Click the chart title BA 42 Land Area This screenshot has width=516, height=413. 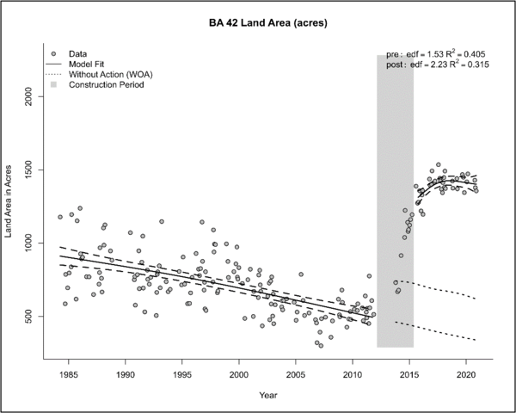[258, 20]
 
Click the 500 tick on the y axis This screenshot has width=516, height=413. [31, 317]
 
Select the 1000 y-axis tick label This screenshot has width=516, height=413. [31, 244]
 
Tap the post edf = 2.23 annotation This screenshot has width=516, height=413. [437, 65]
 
